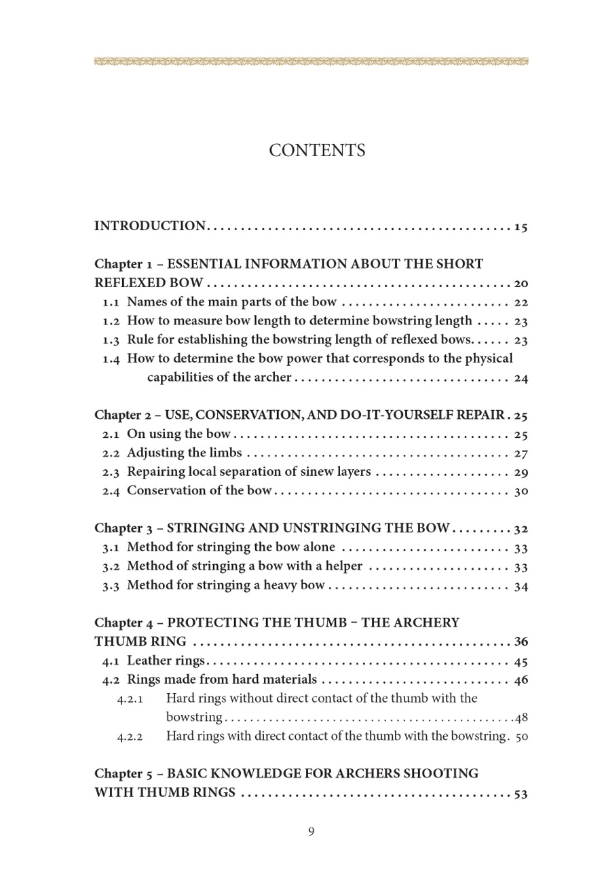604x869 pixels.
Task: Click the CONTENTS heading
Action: (x=317, y=151)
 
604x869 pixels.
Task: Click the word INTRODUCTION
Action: (x=149, y=226)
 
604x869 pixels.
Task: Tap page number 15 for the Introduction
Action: (x=521, y=227)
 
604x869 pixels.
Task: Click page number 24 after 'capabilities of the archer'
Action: (x=521, y=379)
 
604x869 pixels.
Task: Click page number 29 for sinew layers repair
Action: (x=521, y=473)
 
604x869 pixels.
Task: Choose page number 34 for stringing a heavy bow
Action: (x=521, y=586)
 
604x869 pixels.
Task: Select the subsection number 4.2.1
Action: (x=129, y=699)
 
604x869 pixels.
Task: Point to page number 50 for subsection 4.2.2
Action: (x=521, y=736)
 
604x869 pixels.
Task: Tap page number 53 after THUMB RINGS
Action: (x=521, y=793)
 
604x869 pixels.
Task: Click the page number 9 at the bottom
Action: (x=311, y=831)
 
